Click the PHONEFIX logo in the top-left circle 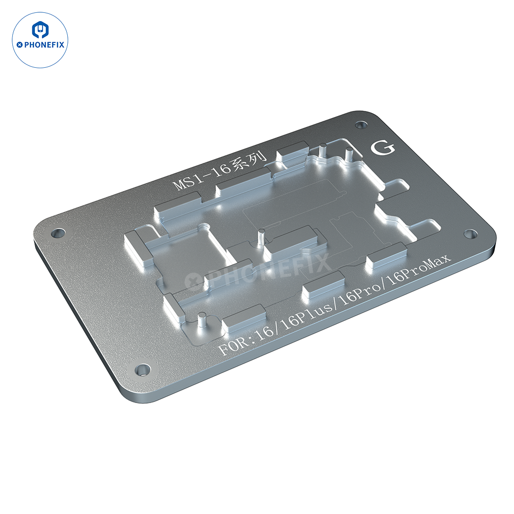tap(40, 40)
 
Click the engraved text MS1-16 tap(200, 177)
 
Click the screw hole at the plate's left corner tap(58, 233)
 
